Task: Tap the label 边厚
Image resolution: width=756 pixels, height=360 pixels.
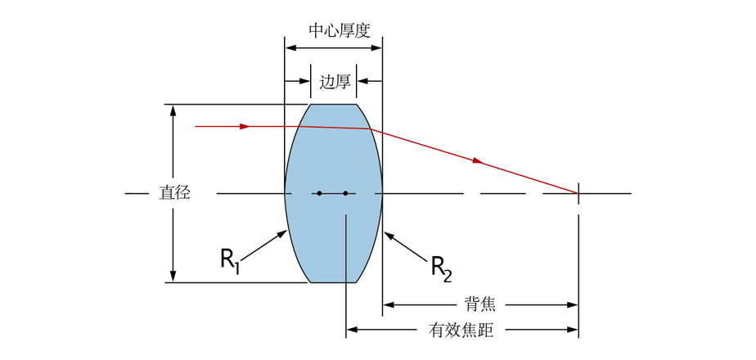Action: pyautogui.click(x=335, y=82)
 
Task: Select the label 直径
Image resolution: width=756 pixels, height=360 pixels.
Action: pyautogui.click(x=174, y=194)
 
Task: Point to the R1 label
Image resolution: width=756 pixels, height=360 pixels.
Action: pyautogui.click(x=230, y=259)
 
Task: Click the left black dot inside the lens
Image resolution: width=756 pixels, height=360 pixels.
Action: pyautogui.click(x=319, y=194)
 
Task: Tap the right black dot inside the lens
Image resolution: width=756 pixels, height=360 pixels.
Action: pyautogui.click(x=346, y=194)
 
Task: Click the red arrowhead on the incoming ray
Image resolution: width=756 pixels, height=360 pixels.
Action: pyautogui.click(x=244, y=127)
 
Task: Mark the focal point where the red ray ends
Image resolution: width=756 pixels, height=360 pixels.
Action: pyautogui.click(x=578, y=194)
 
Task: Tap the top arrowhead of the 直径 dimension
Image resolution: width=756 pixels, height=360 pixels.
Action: pyautogui.click(x=173, y=110)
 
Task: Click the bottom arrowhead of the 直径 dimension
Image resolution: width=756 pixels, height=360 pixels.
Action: pyautogui.click(x=173, y=277)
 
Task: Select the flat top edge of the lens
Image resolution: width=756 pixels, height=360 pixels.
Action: pyautogui.click(x=333, y=105)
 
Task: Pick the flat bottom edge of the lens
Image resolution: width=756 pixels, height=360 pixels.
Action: pyautogui.click(x=333, y=282)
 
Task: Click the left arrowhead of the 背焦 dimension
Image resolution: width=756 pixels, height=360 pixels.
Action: pyautogui.click(x=388, y=304)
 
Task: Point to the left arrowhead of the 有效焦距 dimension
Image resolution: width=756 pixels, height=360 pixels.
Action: pyautogui.click(x=351, y=331)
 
